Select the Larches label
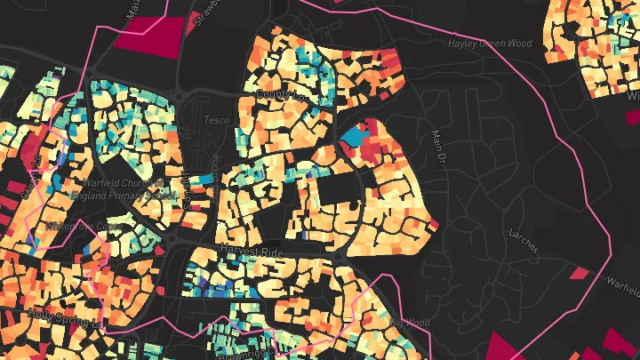click(523, 240)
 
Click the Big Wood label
click(409, 322)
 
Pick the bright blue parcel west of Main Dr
click(355, 136)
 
